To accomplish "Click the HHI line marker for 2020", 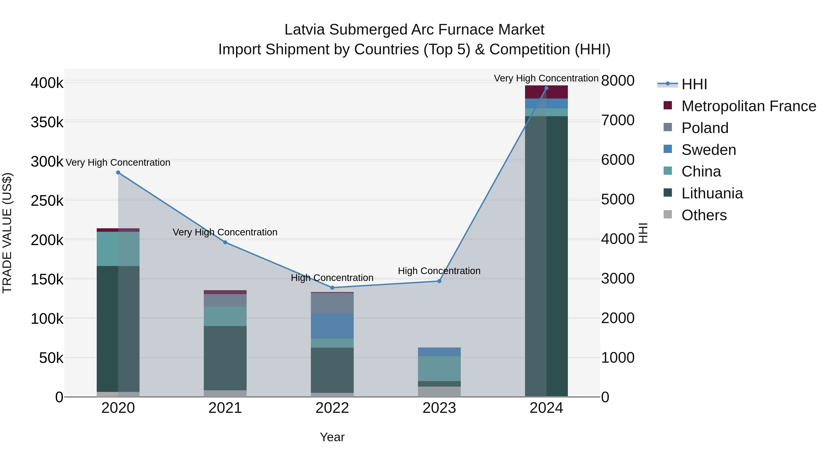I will point(118,173).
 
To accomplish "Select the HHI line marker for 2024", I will point(546,88).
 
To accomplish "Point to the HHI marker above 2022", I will point(332,287).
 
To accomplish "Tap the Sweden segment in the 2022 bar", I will point(332,326).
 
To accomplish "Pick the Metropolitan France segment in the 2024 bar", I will point(546,92).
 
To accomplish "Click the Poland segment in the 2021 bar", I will point(225,300).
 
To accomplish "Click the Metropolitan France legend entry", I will point(749,106).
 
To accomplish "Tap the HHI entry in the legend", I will point(694,84).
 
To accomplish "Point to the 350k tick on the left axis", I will point(47,122).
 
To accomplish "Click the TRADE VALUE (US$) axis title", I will point(7,233).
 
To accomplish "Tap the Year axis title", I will point(332,437).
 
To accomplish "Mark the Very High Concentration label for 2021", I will point(225,232).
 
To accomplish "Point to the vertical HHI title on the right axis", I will point(643,233).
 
